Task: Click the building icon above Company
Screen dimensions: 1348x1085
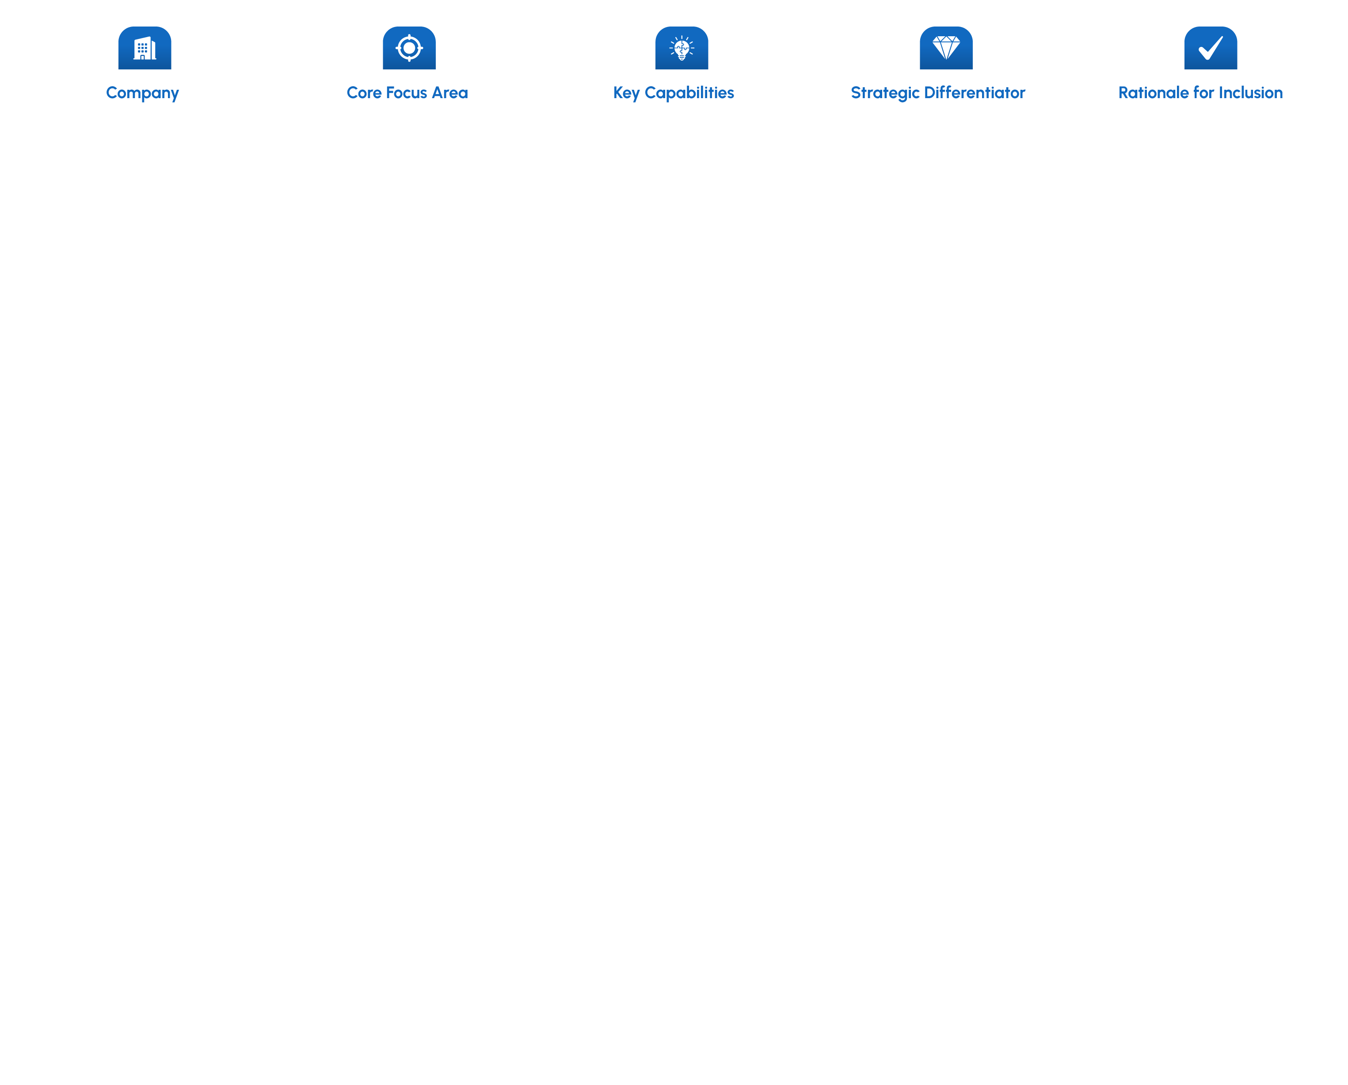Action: pos(145,48)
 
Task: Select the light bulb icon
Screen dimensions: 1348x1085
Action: pos(682,48)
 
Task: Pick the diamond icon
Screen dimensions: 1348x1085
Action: pos(946,47)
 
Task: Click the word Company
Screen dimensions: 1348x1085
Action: pos(143,93)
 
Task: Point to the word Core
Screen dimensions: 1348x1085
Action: pos(364,92)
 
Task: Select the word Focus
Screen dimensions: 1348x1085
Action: pos(407,92)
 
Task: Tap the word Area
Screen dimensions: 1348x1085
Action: pos(449,92)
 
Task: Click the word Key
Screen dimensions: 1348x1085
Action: pos(626,93)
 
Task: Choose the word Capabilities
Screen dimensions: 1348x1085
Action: pos(689,93)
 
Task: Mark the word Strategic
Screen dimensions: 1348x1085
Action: pos(885,93)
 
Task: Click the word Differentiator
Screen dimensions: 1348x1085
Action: pos(975,92)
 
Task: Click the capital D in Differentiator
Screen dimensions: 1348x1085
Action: pos(931,92)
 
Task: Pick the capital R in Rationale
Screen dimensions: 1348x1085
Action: pos(1125,92)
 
